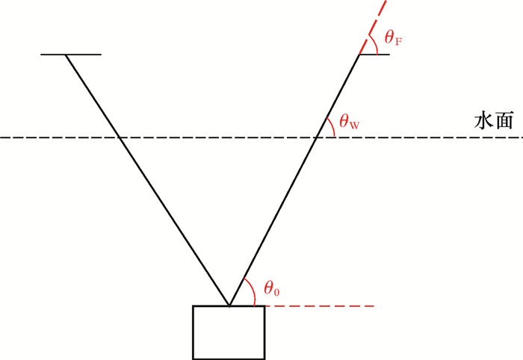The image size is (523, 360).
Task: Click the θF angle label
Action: (x=393, y=37)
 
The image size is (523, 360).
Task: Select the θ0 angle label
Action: (x=271, y=288)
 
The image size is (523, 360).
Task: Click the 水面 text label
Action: (x=493, y=122)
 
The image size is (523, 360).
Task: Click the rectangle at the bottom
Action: (x=229, y=332)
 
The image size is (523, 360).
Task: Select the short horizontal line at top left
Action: (x=71, y=55)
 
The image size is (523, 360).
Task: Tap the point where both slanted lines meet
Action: (x=229, y=305)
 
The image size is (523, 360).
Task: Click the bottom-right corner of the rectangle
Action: (x=264, y=359)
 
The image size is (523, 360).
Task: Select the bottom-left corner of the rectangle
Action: (x=194, y=359)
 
